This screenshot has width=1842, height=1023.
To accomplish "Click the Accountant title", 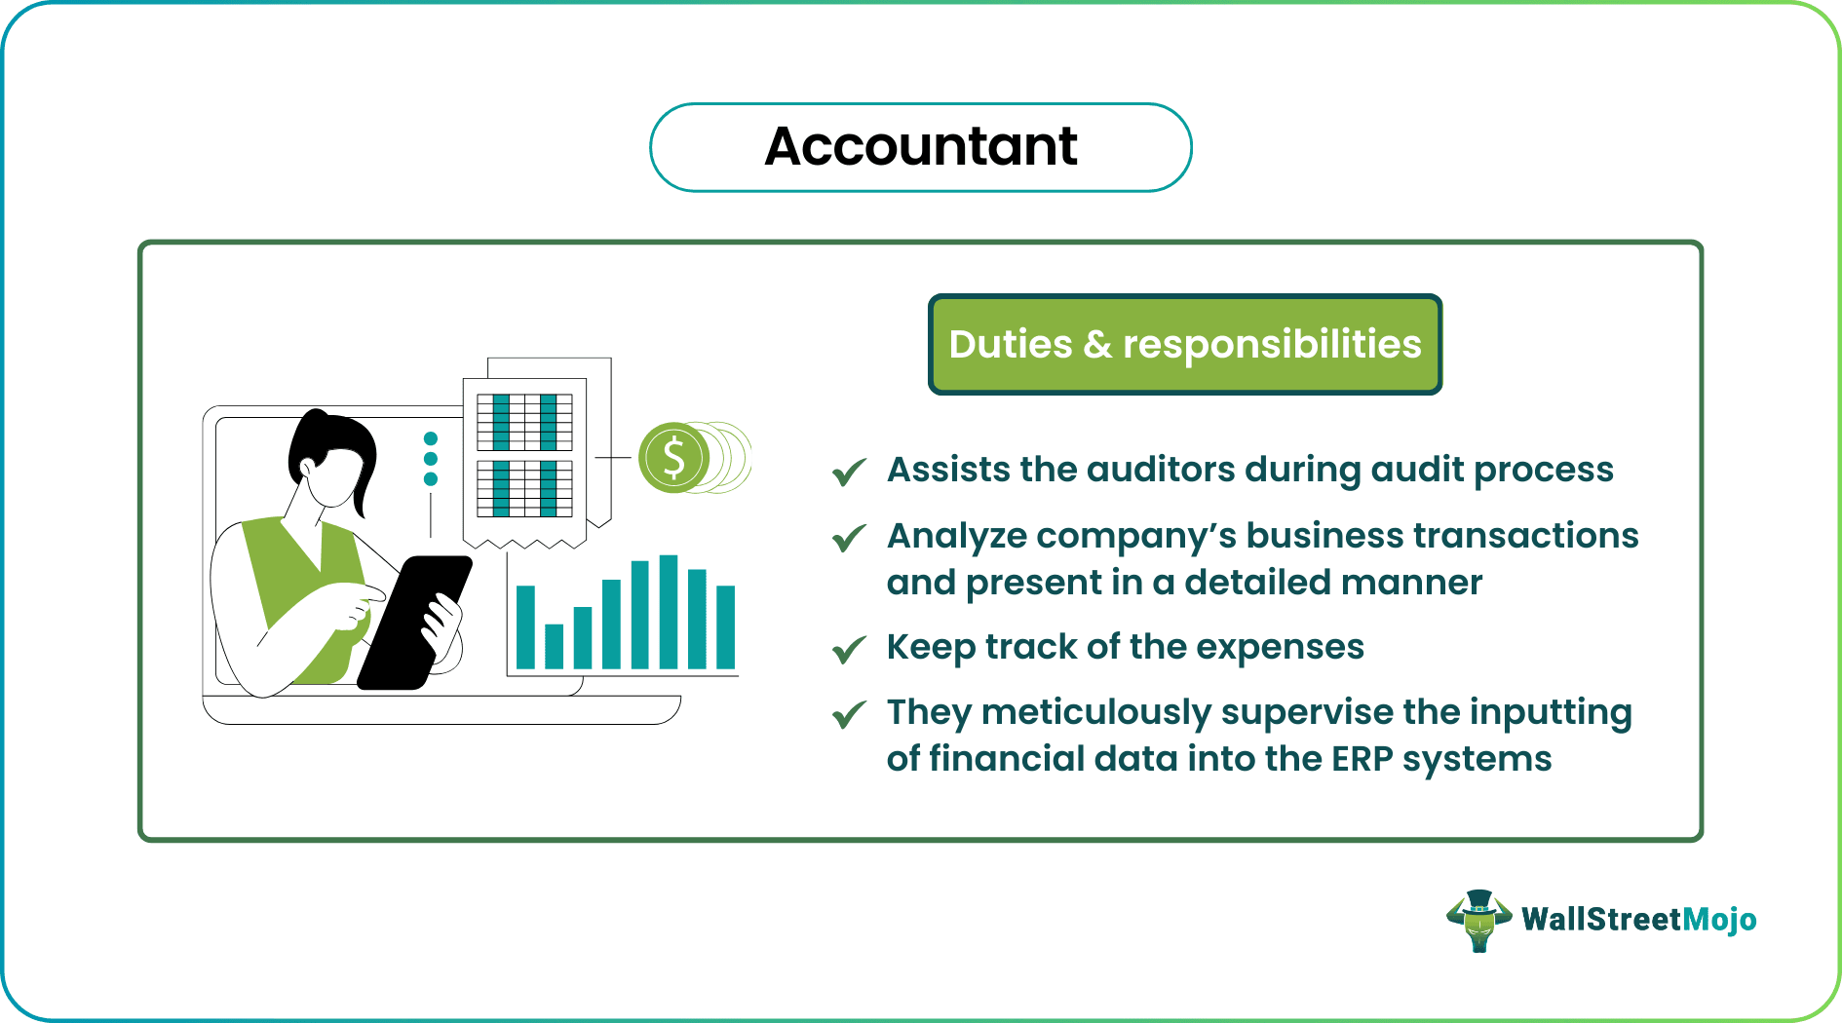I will pyautogui.click(x=920, y=147).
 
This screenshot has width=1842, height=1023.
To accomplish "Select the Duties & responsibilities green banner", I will pyautogui.click(x=1184, y=345).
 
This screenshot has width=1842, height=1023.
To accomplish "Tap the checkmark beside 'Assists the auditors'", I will pyautogui.click(x=849, y=472).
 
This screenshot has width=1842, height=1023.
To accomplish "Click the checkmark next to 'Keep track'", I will pyautogui.click(x=849, y=649).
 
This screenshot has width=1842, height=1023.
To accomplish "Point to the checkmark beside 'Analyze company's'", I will pyautogui.click(x=849, y=538).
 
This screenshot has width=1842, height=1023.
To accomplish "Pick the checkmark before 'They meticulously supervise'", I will pyautogui.click(x=849, y=715).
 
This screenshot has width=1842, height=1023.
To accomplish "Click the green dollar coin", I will pyautogui.click(x=672, y=457).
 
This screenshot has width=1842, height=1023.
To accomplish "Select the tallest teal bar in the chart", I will pyautogui.click(x=669, y=612).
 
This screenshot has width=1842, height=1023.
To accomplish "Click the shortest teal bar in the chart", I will pyautogui.click(x=554, y=646).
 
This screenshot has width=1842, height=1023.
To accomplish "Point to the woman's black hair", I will pyautogui.click(x=326, y=438).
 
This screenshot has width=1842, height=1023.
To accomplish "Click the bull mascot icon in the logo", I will pyautogui.click(x=1478, y=920).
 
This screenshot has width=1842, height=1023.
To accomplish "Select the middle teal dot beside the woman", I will pyautogui.click(x=431, y=459).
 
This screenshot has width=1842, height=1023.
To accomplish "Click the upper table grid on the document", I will pyautogui.click(x=524, y=422).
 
